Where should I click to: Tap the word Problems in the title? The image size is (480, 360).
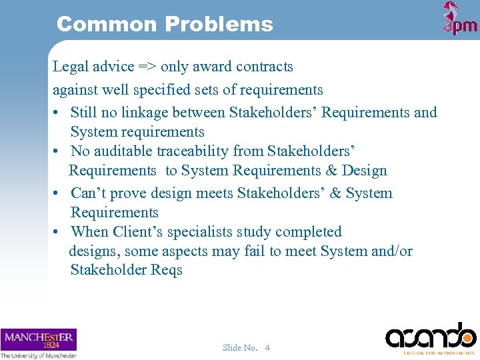click(x=219, y=25)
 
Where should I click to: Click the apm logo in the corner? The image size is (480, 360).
click(x=460, y=19)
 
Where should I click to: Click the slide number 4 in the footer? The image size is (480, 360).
click(x=267, y=347)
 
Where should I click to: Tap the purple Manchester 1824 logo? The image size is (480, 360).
click(x=38, y=340)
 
